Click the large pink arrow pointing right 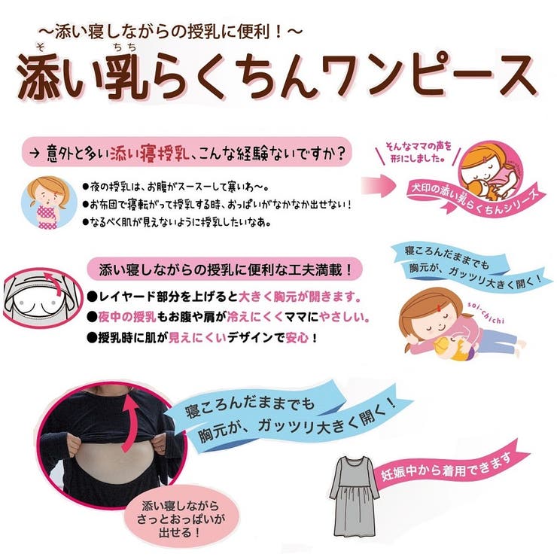tap(380, 184)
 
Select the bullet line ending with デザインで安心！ tap(203, 338)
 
